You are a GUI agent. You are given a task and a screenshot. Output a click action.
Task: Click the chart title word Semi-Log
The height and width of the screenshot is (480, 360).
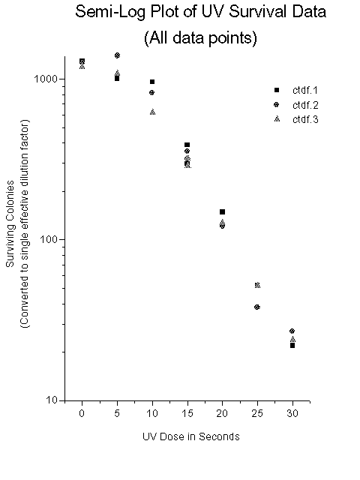[110, 12]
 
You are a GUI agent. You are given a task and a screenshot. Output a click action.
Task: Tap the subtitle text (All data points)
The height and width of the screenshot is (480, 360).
[200, 38]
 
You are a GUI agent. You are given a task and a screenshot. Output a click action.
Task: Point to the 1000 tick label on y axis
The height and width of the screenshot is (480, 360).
[46, 79]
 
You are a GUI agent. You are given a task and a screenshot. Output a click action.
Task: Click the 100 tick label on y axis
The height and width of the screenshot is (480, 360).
[49, 239]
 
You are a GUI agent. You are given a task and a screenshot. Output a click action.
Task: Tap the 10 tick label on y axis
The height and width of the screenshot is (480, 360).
[52, 400]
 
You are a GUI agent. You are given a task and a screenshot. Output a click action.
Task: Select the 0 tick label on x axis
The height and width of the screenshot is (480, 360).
[82, 413]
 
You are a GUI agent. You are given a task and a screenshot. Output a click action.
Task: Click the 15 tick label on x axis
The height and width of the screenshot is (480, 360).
[187, 413]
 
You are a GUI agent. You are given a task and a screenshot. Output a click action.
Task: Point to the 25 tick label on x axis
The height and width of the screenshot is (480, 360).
[257, 413]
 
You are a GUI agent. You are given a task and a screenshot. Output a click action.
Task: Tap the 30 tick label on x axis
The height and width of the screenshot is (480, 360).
[292, 413]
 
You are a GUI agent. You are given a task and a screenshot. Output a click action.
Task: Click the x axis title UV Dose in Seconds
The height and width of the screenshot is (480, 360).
[191, 436]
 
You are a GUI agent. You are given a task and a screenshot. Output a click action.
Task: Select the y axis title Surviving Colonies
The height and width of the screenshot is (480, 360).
[10, 223]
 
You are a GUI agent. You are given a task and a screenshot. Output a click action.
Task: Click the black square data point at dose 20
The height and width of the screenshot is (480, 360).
[223, 211]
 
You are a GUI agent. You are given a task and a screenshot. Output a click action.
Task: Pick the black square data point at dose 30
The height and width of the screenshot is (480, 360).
[292, 345]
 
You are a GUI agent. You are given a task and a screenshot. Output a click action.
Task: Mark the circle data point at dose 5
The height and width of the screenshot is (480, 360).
[117, 55]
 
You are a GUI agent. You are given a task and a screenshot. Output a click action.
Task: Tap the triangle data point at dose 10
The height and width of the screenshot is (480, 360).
[153, 112]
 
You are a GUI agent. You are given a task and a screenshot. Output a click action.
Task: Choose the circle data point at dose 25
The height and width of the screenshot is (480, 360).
[257, 307]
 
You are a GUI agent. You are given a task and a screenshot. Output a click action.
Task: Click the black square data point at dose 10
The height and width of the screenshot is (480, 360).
[152, 82]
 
